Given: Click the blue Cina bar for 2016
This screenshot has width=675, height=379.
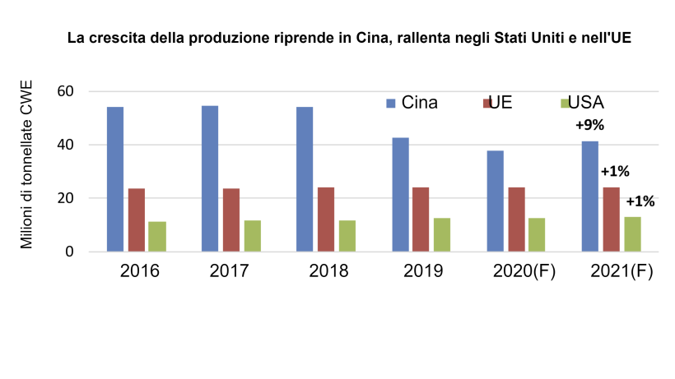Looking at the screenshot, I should click(x=115, y=179).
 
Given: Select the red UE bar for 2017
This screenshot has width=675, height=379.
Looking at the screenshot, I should click(x=231, y=220).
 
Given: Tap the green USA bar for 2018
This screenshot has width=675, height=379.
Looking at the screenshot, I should click(x=347, y=236).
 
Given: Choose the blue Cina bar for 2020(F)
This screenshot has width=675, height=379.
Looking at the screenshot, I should click(x=496, y=201).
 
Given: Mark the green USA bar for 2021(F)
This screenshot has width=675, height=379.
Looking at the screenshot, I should click(x=633, y=234).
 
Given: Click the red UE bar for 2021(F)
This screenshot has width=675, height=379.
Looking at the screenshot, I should click(x=612, y=220).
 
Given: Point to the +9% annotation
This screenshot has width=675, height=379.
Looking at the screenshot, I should click(x=589, y=126).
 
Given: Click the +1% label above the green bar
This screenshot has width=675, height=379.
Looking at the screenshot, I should click(x=640, y=201).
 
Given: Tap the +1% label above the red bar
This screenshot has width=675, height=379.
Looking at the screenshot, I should click(x=615, y=172).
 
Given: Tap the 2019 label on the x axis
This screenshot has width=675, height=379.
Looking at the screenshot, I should click(x=425, y=271).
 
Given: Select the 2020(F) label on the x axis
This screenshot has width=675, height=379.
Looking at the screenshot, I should click(x=525, y=271).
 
